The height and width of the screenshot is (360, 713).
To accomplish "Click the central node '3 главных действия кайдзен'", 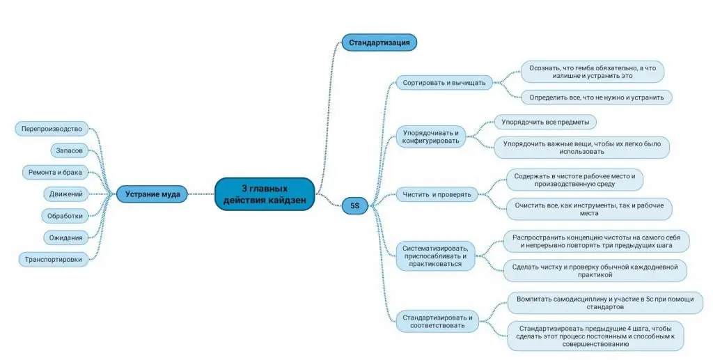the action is [x=265, y=194].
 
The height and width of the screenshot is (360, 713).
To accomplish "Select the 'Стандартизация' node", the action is [x=379, y=42].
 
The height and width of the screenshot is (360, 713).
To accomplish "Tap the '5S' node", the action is [x=354, y=205].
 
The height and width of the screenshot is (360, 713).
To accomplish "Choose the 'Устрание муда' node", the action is [x=152, y=194].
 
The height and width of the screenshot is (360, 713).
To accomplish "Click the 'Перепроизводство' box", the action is [x=52, y=129].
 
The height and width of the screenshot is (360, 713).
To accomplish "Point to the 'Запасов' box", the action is [x=69, y=150].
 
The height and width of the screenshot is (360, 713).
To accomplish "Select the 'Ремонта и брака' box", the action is [x=55, y=172].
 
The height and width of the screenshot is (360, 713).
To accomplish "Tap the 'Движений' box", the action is [x=66, y=194].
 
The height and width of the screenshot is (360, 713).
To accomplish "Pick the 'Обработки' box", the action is [x=65, y=216].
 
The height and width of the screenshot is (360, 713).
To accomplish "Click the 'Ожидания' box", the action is [x=66, y=237].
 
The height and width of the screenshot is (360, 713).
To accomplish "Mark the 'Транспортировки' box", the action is [x=53, y=260].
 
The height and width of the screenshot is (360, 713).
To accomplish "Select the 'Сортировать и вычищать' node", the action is [x=444, y=83].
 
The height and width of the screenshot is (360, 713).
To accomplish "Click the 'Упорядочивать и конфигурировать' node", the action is [x=430, y=136].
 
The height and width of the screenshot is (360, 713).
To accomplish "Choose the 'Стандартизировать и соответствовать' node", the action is [x=437, y=322].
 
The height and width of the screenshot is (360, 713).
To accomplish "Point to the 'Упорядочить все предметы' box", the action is [x=545, y=122].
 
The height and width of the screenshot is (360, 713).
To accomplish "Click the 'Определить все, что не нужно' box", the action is [x=597, y=97].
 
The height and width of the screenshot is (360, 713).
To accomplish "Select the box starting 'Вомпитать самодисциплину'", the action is [x=605, y=303].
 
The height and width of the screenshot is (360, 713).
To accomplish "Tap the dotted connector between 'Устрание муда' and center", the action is [x=201, y=194].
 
